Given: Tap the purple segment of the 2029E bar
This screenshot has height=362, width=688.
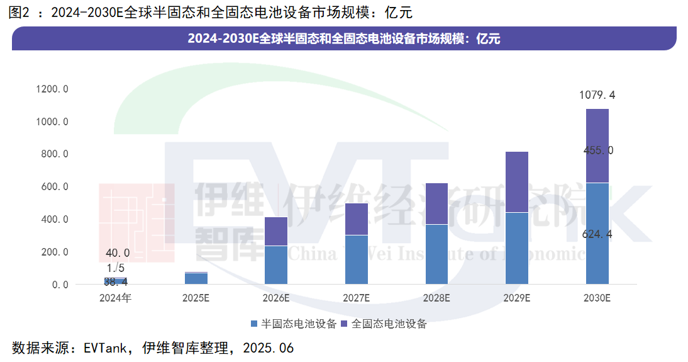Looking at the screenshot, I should [516, 182].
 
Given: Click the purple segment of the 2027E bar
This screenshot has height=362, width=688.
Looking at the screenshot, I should [357, 219].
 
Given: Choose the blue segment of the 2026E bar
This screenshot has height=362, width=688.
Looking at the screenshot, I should [276, 265].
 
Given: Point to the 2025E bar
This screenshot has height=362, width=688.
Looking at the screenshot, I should [196, 278].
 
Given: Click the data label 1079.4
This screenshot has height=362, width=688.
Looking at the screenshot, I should [597, 96].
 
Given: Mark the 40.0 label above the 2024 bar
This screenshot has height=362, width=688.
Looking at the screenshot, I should [118, 253].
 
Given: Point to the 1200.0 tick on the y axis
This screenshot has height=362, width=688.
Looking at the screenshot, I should [52, 89].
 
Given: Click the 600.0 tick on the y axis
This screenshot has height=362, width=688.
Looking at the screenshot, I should [55, 187].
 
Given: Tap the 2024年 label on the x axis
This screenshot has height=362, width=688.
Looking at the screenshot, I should [116, 298].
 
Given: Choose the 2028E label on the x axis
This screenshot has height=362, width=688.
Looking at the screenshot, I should [436, 298].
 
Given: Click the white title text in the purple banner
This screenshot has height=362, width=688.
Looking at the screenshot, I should [343, 38].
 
